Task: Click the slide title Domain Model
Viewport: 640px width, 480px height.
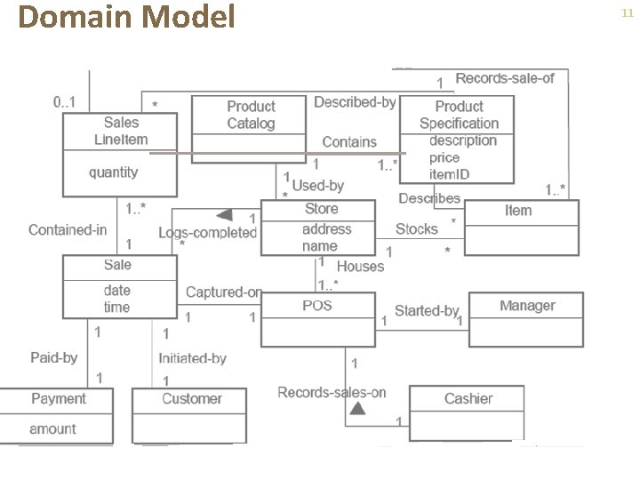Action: point(127,17)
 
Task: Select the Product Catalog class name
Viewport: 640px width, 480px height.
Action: point(251,115)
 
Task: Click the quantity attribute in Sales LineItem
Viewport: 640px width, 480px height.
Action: point(113,172)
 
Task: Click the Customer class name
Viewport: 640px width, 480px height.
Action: point(191,399)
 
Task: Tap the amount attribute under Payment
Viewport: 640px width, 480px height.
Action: point(52,428)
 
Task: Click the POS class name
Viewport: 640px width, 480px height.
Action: point(316,305)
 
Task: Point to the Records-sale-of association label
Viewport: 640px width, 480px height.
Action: point(504,78)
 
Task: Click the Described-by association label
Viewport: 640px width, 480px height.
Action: point(354,102)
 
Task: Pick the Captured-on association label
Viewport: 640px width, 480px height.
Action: point(224,292)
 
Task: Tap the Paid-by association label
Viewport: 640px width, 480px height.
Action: point(53,357)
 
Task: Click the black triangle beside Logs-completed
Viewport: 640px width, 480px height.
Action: point(224,215)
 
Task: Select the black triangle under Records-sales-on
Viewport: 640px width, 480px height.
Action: point(356,408)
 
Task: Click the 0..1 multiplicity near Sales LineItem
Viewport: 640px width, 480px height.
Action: point(64,101)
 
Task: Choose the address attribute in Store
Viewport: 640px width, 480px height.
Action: point(326,228)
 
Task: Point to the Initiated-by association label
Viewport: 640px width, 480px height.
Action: point(192,358)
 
